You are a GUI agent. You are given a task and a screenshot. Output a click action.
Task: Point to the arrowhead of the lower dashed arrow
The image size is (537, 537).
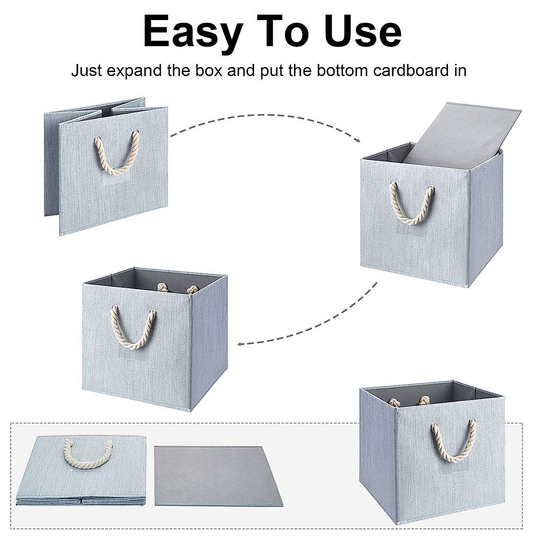click(x=240, y=344)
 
